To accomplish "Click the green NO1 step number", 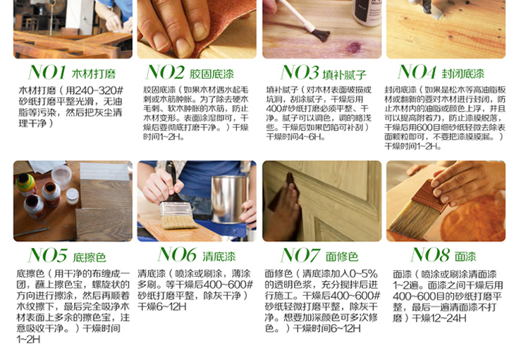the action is [x=47, y=73].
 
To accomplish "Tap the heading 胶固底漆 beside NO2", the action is [x=212, y=74].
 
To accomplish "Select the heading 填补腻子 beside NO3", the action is [x=344, y=75].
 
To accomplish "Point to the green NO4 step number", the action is [x=417, y=72].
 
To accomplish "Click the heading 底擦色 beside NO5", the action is [x=90, y=257].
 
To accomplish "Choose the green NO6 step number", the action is [x=177, y=255].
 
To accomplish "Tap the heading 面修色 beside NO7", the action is [x=342, y=256].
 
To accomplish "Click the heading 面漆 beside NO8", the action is [x=465, y=256].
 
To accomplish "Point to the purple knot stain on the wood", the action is [x=353, y=47].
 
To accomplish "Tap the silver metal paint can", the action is [x=230, y=199].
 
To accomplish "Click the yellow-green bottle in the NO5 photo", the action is [x=27, y=185].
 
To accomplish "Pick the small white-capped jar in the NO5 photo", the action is [x=72, y=196].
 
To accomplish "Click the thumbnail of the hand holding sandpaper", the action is [x=197, y=29].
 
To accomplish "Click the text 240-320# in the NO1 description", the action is [x=99, y=90].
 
